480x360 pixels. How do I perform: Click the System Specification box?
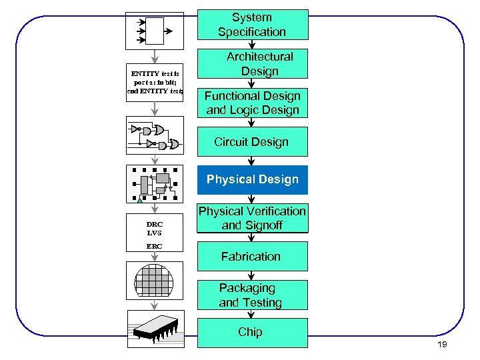click(x=252, y=25)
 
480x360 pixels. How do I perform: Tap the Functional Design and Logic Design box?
click(x=252, y=103)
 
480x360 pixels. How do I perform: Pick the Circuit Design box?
click(x=252, y=142)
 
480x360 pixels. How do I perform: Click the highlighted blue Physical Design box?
click(x=252, y=180)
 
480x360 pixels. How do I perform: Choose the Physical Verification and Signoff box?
click(x=252, y=218)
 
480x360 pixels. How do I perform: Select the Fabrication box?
click(x=252, y=256)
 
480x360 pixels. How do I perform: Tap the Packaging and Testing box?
click(x=252, y=295)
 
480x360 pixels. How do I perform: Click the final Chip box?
click(x=252, y=332)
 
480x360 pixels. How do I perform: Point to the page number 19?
click(x=441, y=344)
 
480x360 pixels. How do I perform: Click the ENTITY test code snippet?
click(x=155, y=82)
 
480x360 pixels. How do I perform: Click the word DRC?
click(x=155, y=224)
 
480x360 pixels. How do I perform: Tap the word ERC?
click(x=155, y=247)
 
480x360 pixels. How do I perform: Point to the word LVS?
click(x=155, y=233)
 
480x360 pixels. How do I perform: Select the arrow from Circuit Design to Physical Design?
click(x=251, y=161)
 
